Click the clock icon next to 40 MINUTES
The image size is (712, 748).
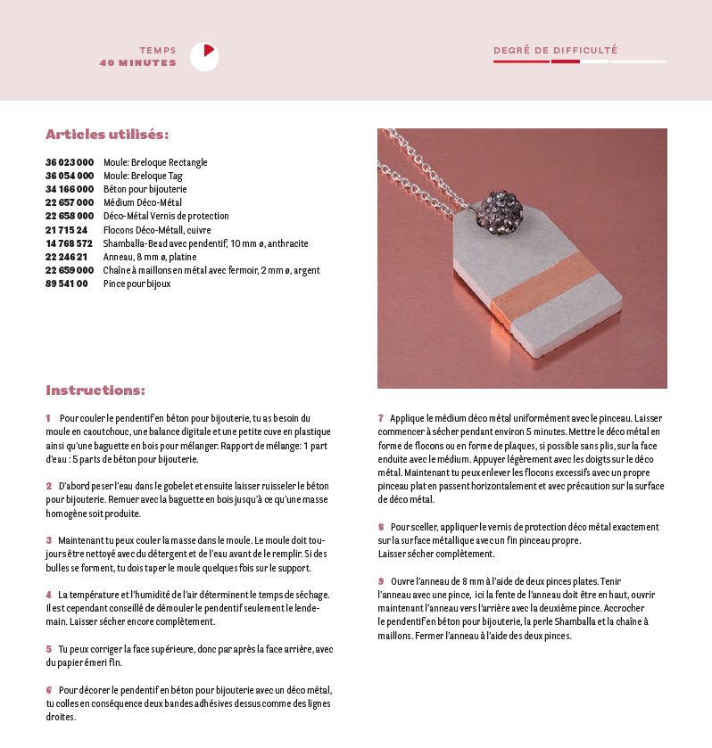click(204, 57)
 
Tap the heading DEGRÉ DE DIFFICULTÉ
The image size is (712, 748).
click(555, 51)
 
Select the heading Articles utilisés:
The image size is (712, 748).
click(107, 135)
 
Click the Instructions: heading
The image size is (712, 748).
click(95, 390)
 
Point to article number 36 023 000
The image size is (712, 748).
click(70, 162)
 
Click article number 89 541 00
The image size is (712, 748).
click(67, 284)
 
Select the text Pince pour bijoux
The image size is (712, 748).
click(137, 284)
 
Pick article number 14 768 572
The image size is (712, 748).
click(70, 243)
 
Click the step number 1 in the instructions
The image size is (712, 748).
click(48, 418)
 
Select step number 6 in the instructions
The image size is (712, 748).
click(48, 690)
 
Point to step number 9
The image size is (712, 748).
click(381, 581)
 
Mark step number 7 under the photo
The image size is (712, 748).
click(381, 418)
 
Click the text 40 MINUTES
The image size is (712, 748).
click(138, 63)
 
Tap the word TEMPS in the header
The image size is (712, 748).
click(158, 51)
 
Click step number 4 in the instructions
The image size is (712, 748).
click(48, 595)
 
